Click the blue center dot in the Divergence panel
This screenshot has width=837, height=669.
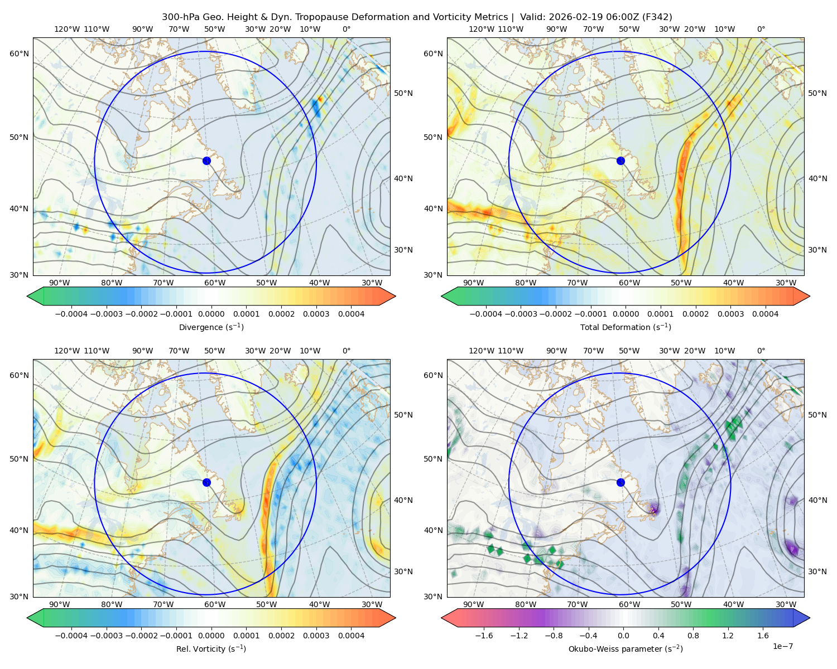coord(206,161)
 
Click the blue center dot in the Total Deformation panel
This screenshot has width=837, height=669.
coord(620,161)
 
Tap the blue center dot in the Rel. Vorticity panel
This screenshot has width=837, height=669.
coord(206,482)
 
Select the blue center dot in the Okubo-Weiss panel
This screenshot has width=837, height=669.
coord(620,482)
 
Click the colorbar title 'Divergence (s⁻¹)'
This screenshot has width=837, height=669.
coord(211,327)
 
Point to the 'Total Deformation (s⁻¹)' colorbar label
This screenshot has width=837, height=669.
coord(626,327)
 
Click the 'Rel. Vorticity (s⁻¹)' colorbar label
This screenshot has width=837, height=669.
coord(211,649)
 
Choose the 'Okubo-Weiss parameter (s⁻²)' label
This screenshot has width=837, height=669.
coord(626,649)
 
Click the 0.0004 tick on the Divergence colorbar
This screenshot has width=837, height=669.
coord(351,314)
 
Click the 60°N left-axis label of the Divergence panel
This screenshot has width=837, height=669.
coord(19,54)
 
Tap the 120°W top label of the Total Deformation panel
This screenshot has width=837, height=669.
coord(481,29)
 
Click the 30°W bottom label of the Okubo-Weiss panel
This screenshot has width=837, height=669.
coord(786,604)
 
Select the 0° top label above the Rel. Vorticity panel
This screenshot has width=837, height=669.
coord(347,351)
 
